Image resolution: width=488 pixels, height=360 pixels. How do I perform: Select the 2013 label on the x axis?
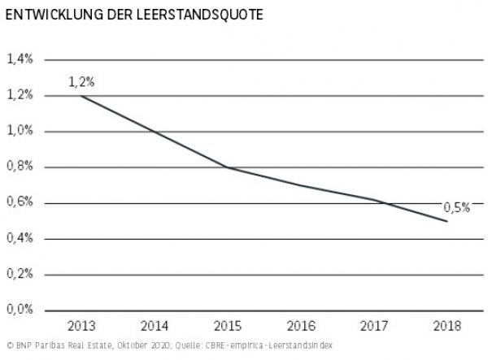click(x=81, y=326)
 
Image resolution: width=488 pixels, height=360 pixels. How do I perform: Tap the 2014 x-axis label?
click(x=155, y=326)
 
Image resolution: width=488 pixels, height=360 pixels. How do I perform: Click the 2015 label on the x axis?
click(x=228, y=326)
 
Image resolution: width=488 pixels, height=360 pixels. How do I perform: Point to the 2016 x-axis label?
click(x=301, y=326)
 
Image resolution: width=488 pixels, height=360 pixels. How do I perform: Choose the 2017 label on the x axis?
click(x=374, y=326)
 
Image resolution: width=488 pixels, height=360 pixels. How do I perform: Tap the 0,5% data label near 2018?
click(x=456, y=207)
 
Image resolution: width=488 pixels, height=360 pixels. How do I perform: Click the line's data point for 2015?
click(x=228, y=167)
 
